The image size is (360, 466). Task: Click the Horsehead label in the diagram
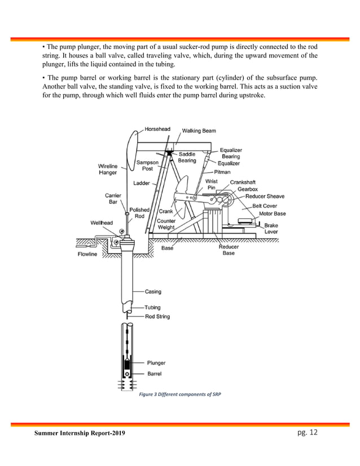[157, 129]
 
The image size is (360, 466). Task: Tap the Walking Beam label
[199, 131]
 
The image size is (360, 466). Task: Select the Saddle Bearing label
[187, 157]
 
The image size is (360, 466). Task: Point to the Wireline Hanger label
[108, 169]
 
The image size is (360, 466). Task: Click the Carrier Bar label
[111, 198]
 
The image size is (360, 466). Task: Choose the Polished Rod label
[139, 213]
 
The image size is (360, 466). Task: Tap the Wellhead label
[102, 222]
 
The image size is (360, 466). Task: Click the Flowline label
[89, 254]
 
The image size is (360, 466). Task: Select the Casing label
[153, 292]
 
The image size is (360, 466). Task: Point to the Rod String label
[157, 316]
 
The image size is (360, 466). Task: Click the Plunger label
[156, 363]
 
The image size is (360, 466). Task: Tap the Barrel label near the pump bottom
[155, 373]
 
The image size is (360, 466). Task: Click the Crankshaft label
[243, 182]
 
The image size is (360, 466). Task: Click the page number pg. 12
[307, 432]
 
